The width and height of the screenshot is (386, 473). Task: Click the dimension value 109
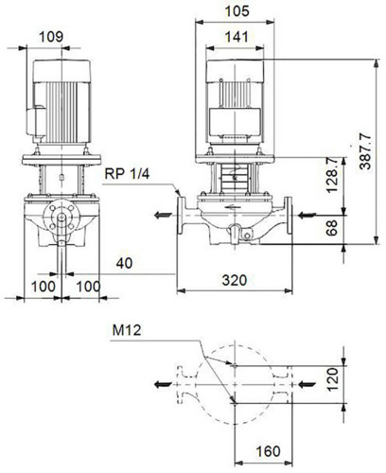(x=51, y=37)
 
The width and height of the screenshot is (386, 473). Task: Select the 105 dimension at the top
(x=237, y=11)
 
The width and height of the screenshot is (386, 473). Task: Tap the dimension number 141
(x=237, y=37)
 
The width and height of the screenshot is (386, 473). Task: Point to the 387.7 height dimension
(x=366, y=151)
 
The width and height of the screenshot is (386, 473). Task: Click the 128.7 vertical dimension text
(x=332, y=175)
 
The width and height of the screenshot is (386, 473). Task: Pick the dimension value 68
(x=332, y=228)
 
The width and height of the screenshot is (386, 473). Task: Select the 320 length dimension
(x=235, y=280)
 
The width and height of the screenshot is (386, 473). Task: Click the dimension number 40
(x=124, y=263)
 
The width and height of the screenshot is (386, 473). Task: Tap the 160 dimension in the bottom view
(x=268, y=451)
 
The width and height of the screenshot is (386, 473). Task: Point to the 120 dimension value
(x=333, y=379)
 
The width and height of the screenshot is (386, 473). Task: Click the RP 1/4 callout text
(x=127, y=173)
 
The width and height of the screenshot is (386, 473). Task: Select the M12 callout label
(x=127, y=330)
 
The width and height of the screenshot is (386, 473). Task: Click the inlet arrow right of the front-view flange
(x=307, y=216)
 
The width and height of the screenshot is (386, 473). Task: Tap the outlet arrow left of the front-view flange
(x=163, y=216)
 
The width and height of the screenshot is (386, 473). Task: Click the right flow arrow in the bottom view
(x=307, y=384)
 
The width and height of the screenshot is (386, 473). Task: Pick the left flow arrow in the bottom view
(x=163, y=384)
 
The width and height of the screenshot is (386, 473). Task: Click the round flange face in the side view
(x=61, y=217)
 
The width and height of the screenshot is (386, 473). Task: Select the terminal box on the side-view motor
(x=36, y=123)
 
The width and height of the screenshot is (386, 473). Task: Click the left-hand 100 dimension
(x=44, y=287)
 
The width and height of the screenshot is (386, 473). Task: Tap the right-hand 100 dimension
(x=89, y=287)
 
